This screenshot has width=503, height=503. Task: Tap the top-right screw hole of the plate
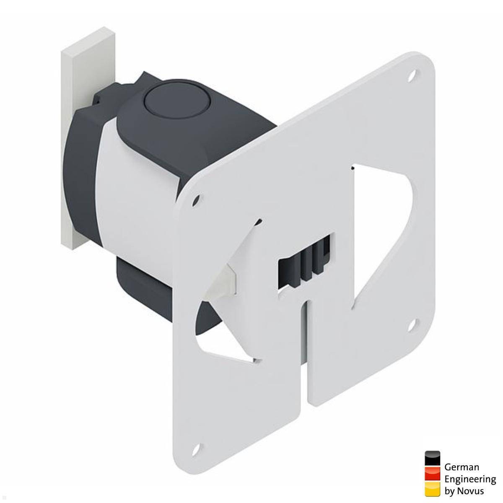pos(413,76)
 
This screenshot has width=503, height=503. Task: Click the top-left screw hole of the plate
pos(195,200)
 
